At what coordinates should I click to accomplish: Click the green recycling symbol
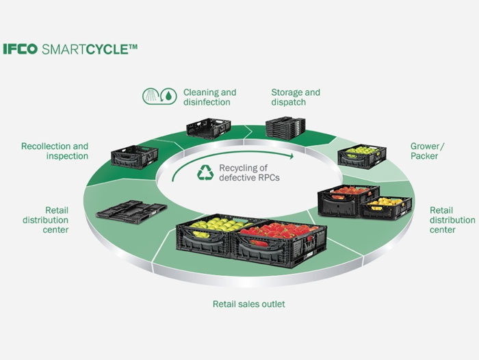205,173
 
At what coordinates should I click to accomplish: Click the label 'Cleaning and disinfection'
209,97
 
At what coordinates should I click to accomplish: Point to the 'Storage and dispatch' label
295,97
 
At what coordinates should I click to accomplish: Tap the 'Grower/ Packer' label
424,151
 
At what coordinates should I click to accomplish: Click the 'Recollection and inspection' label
55,151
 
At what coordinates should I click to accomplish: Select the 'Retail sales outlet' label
249,304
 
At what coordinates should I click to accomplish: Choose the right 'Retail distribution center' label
452,220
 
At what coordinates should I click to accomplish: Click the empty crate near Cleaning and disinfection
208,129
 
